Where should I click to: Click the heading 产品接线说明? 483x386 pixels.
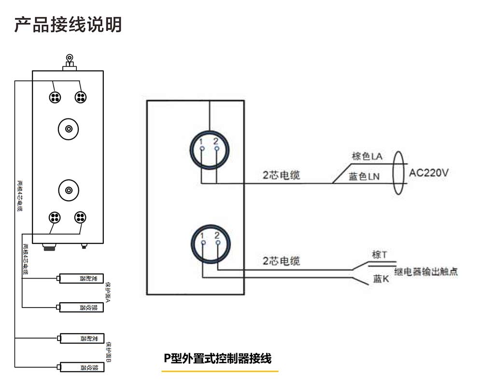point(68,25)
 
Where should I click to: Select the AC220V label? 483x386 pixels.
point(429,173)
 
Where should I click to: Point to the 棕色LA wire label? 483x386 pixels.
point(367,156)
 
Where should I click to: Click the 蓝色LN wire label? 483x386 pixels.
point(364,177)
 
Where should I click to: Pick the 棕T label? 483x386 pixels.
point(379,254)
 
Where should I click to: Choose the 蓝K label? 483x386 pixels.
point(381,279)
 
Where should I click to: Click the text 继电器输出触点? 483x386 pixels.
point(426,272)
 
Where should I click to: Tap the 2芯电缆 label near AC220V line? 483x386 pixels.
point(281,175)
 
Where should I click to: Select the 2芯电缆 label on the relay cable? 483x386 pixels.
point(281,261)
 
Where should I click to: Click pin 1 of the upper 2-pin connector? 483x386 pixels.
point(202,148)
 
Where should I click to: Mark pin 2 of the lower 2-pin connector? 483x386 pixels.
point(217,242)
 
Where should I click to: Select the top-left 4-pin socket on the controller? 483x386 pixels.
point(55,97)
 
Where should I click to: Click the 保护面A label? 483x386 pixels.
point(108,292)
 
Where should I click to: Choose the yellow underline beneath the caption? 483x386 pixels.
point(220,371)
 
